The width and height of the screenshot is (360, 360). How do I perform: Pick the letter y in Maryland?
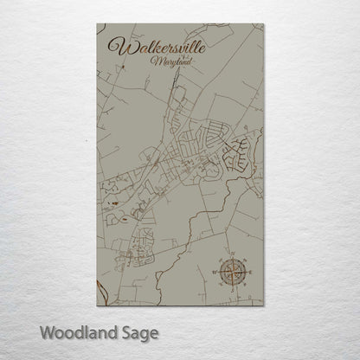165,65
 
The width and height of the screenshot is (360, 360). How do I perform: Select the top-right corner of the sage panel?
261,24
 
